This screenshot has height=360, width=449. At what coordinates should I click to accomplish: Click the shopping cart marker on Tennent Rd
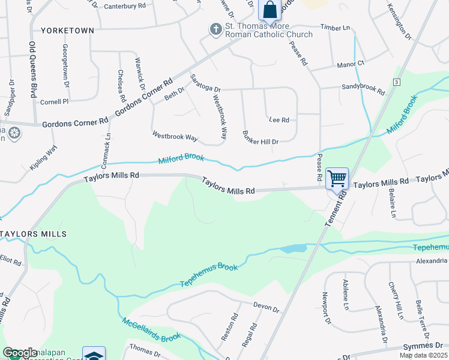pyautogui.click(x=337, y=178)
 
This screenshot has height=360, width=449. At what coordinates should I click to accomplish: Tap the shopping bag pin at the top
pyautogui.click(x=270, y=10)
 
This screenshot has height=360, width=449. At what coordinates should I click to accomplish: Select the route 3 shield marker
pyautogui.click(x=397, y=81)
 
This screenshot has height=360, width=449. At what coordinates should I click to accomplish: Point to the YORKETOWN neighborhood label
pyautogui.click(x=67, y=30)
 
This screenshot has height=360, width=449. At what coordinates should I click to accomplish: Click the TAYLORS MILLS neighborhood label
pyautogui.click(x=32, y=233)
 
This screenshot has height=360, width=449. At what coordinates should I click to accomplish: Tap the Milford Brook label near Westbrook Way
pyautogui.click(x=181, y=160)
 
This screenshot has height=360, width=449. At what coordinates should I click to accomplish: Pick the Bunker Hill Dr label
pyautogui.click(x=261, y=137)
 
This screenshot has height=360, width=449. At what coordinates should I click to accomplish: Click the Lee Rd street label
pyautogui.click(x=279, y=120)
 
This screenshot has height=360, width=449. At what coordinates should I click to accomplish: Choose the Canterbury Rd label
pyautogui.click(x=125, y=6)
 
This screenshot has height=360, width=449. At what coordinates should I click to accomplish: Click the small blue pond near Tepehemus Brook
pyautogui.click(x=292, y=248)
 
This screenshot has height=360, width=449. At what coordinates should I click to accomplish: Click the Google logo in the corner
pyautogui.click(x=20, y=353)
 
